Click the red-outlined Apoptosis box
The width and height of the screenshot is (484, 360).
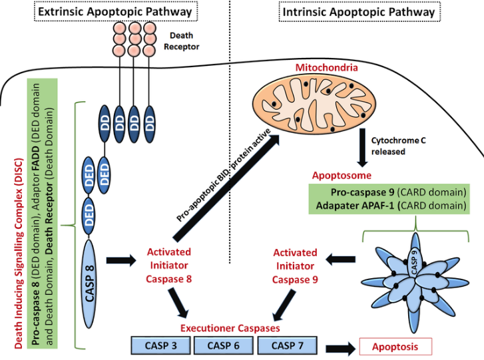(x=395, y=346)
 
